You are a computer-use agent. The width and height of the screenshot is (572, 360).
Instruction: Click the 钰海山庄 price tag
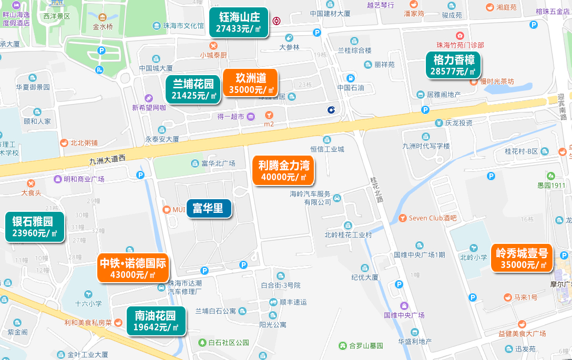[x=239, y=23]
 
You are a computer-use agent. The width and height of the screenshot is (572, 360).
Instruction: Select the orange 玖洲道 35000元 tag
[x=250, y=83]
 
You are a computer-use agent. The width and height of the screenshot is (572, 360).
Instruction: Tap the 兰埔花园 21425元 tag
[x=193, y=89]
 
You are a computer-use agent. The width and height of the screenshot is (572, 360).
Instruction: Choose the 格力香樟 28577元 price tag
[x=453, y=65]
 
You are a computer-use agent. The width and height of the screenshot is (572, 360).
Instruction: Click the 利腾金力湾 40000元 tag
[x=283, y=171]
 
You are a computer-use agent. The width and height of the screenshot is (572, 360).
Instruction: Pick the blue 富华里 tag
[x=208, y=208]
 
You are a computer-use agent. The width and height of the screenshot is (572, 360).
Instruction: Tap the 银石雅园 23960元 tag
[x=35, y=227]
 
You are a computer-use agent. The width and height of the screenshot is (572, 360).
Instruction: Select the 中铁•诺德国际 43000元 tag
[x=132, y=268]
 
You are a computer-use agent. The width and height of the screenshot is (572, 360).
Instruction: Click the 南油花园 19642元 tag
[x=155, y=321]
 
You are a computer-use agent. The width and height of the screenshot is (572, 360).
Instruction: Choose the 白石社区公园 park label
[x=228, y=343]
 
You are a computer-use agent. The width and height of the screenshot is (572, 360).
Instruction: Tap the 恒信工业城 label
[x=326, y=149]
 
